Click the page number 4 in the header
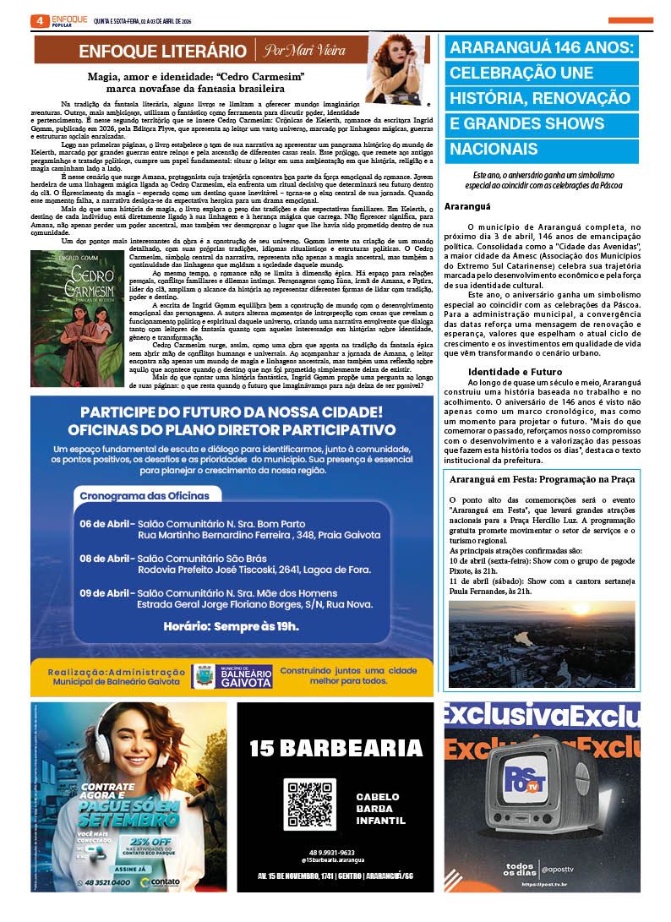(x=39, y=20)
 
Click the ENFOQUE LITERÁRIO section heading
(x=162, y=51)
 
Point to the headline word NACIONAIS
(x=494, y=150)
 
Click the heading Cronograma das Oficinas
(x=149, y=495)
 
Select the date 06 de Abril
(x=106, y=524)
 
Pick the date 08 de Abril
(x=106, y=559)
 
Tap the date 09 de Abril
(x=106, y=593)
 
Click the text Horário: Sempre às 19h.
(x=232, y=626)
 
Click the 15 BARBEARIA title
(x=336, y=748)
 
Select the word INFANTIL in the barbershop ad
(x=380, y=821)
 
